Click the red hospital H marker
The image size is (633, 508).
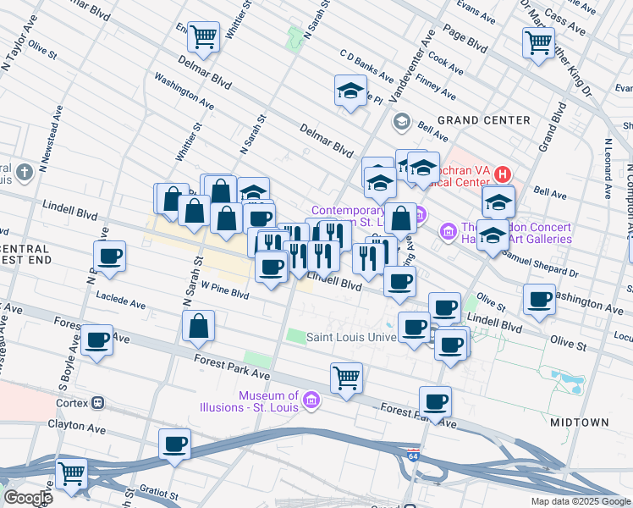coord(503,175)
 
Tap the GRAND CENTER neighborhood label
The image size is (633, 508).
coord(483,120)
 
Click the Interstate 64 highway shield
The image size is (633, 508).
coord(412,453)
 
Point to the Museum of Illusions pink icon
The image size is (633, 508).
coord(310,400)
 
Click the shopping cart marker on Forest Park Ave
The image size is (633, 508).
coord(346,378)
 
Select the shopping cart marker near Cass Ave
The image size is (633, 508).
coord(538,41)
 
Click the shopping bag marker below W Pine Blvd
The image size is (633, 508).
coord(198,326)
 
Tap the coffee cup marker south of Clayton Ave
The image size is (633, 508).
coord(175,444)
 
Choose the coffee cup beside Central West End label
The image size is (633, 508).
coord(110,257)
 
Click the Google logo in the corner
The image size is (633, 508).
coord(27,497)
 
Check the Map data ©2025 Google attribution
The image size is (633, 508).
coord(580,501)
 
